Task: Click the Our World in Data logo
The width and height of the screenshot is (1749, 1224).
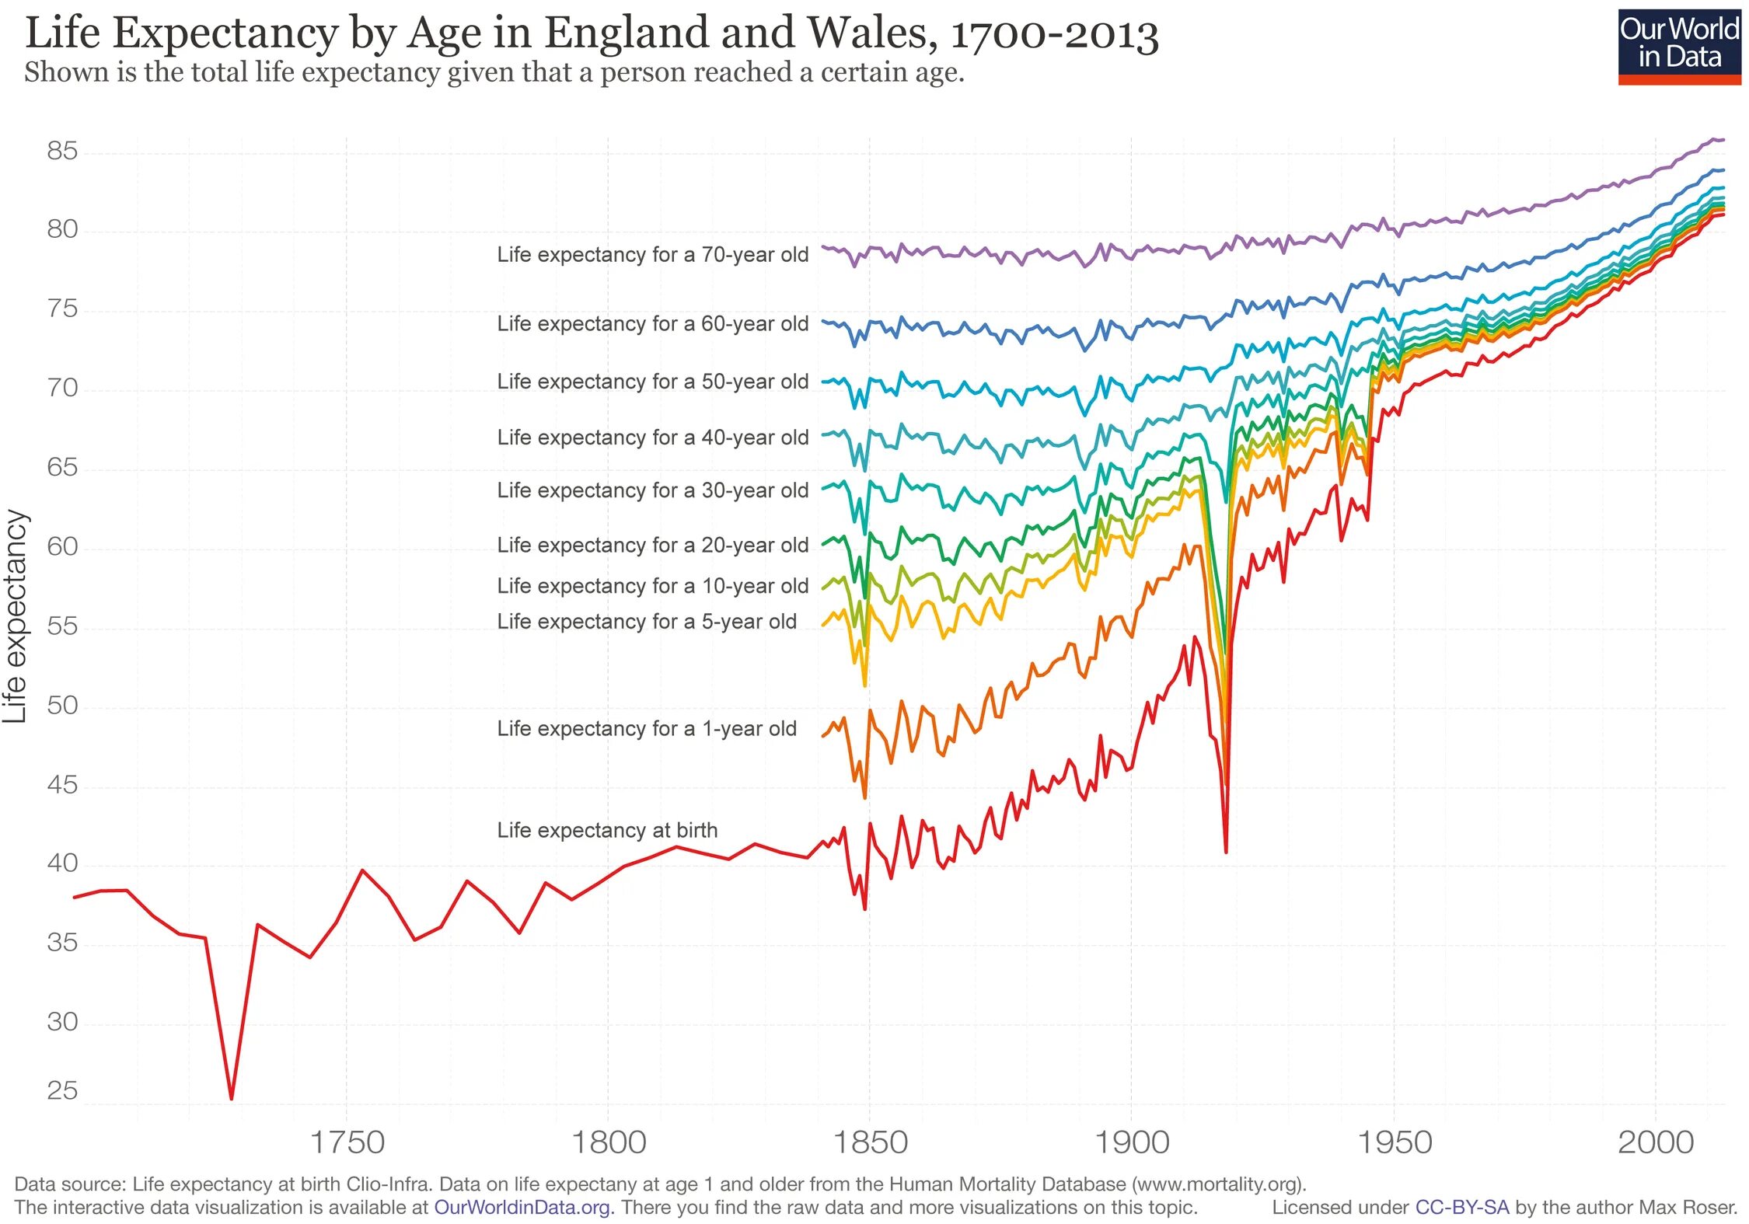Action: (x=1678, y=47)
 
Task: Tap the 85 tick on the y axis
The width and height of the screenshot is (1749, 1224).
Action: (x=62, y=151)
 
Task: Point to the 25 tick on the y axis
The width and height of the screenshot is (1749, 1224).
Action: (x=62, y=1090)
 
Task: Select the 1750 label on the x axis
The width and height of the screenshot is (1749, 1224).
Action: (x=347, y=1142)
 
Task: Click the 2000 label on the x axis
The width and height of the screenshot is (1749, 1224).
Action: (x=1655, y=1142)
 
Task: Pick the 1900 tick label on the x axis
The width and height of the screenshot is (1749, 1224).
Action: (x=1131, y=1142)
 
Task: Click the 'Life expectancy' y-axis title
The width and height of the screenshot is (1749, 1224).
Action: (x=16, y=616)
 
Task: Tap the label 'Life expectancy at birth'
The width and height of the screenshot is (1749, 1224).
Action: (x=607, y=830)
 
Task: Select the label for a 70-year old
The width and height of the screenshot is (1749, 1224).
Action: (x=652, y=255)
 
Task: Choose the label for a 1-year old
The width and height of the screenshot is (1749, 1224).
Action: (x=647, y=729)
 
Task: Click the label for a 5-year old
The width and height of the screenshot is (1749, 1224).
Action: (x=647, y=622)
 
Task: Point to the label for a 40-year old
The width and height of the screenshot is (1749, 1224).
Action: (x=652, y=438)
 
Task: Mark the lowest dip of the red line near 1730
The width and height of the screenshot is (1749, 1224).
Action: (x=231, y=1098)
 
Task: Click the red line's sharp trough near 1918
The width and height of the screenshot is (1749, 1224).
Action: (x=1226, y=852)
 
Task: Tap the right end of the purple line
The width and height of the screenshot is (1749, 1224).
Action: (x=1723, y=140)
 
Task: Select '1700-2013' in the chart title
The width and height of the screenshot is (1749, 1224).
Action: (x=1054, y=34)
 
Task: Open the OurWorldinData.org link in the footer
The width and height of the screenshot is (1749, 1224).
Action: (x=522, y=1207)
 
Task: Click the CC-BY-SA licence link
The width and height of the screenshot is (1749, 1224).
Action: (x=1461, y=1207)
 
